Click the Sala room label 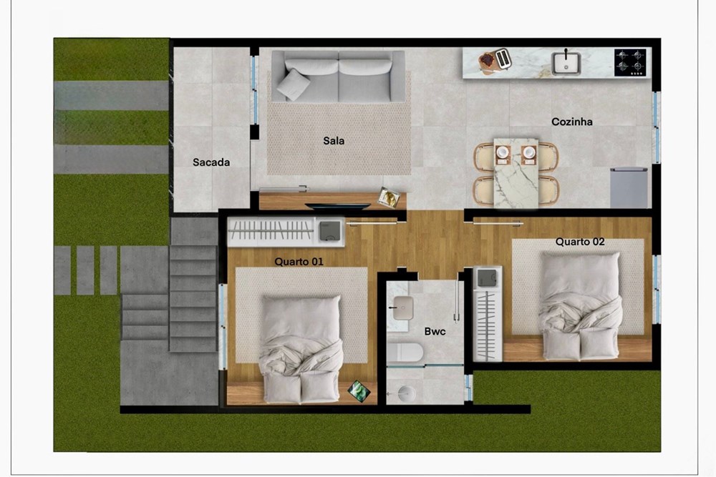pos(334,141)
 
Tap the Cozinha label pos(571,122)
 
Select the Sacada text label pos(211,162)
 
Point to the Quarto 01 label pos(299,262)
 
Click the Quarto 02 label pos(580,242)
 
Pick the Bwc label pos(435,332)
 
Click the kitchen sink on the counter pos(566,63)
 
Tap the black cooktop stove pos(630,62)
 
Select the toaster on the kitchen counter pos(503,59)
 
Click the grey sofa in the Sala pos(339,76)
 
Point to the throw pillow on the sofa pos(293,84)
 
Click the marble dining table pos(516,173)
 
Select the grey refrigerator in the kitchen pos(629,187)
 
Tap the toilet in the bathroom pos(405,353)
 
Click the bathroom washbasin pos(403,308)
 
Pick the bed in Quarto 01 pos(301,349)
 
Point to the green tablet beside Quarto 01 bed pos(359,390)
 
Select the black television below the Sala pos(338,207)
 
